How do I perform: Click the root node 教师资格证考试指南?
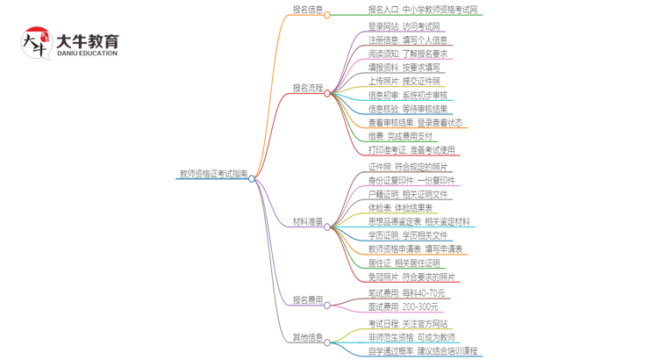pyautogui.click(x=212, y=174)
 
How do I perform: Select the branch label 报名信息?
pyautogui.click(x=307, y=10)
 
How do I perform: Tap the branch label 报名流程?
pyautogui.click(x=307, y=88)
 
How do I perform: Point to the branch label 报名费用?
pyautogui.click(x=307, y=300)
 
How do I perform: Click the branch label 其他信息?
pyautogui.click(x=307, y=337)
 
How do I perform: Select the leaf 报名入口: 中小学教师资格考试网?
pyautogui.click(x=424, y=10)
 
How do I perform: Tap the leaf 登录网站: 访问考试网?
pyautogui.click(x=404, y=26)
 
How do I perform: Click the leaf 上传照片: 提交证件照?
pyautogui.click(x=404, y=81)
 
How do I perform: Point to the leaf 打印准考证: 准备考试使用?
pyautogui.click(x=411, y=150)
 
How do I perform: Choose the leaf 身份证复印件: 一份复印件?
pyautogui.click(x=411, y=180)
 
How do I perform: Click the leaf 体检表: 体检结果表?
pyautogui.click(x=400, y=207)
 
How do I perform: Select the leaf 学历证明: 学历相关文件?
pyautogui.click(x=407, y=235)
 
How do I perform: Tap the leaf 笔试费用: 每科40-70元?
pyautogui.click(x=407, y=292)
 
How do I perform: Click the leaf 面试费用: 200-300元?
pyautogui.click(x=403, y=307)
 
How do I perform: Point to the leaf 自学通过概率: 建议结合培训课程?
pyautogui.click(x=423, y=351)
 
